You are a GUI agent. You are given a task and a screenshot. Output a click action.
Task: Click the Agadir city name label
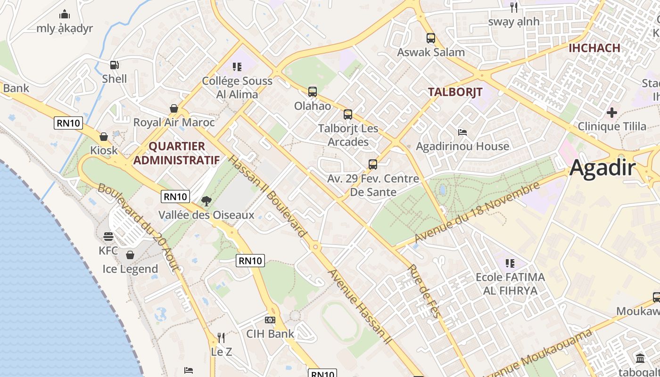click(602, 168)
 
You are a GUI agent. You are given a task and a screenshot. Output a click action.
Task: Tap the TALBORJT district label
click(455, 92)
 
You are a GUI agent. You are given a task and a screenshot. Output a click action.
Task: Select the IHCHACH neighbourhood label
click(594, 48)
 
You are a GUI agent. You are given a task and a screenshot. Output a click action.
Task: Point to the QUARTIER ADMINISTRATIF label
click(176, 153)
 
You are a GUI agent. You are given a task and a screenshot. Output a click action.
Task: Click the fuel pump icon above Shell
click(114, 65)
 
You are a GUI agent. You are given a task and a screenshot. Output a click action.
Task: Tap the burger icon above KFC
click(108, 237)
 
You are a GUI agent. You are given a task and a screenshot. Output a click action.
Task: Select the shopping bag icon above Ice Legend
click(130, 255)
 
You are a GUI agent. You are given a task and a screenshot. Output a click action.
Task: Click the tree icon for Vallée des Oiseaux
click(206, 201)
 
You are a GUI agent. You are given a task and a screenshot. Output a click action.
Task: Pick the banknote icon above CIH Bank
click(270, 320)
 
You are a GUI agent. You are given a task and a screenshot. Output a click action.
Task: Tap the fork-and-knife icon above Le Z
click(221, 337)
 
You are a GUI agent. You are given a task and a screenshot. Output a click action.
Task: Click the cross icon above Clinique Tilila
click(611, 113)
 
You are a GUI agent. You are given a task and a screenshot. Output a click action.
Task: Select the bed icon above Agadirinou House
click(462, 132)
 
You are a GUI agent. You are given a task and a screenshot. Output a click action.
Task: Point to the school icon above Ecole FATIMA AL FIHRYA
click(510, 263)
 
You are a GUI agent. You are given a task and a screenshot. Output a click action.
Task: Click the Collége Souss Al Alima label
click(237, 87)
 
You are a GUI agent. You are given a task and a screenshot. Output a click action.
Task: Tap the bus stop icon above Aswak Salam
click(430, 38)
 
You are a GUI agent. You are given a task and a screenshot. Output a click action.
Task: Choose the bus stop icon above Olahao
click(312, 92)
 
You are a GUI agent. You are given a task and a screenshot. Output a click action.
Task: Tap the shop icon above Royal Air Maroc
click(174, 108)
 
